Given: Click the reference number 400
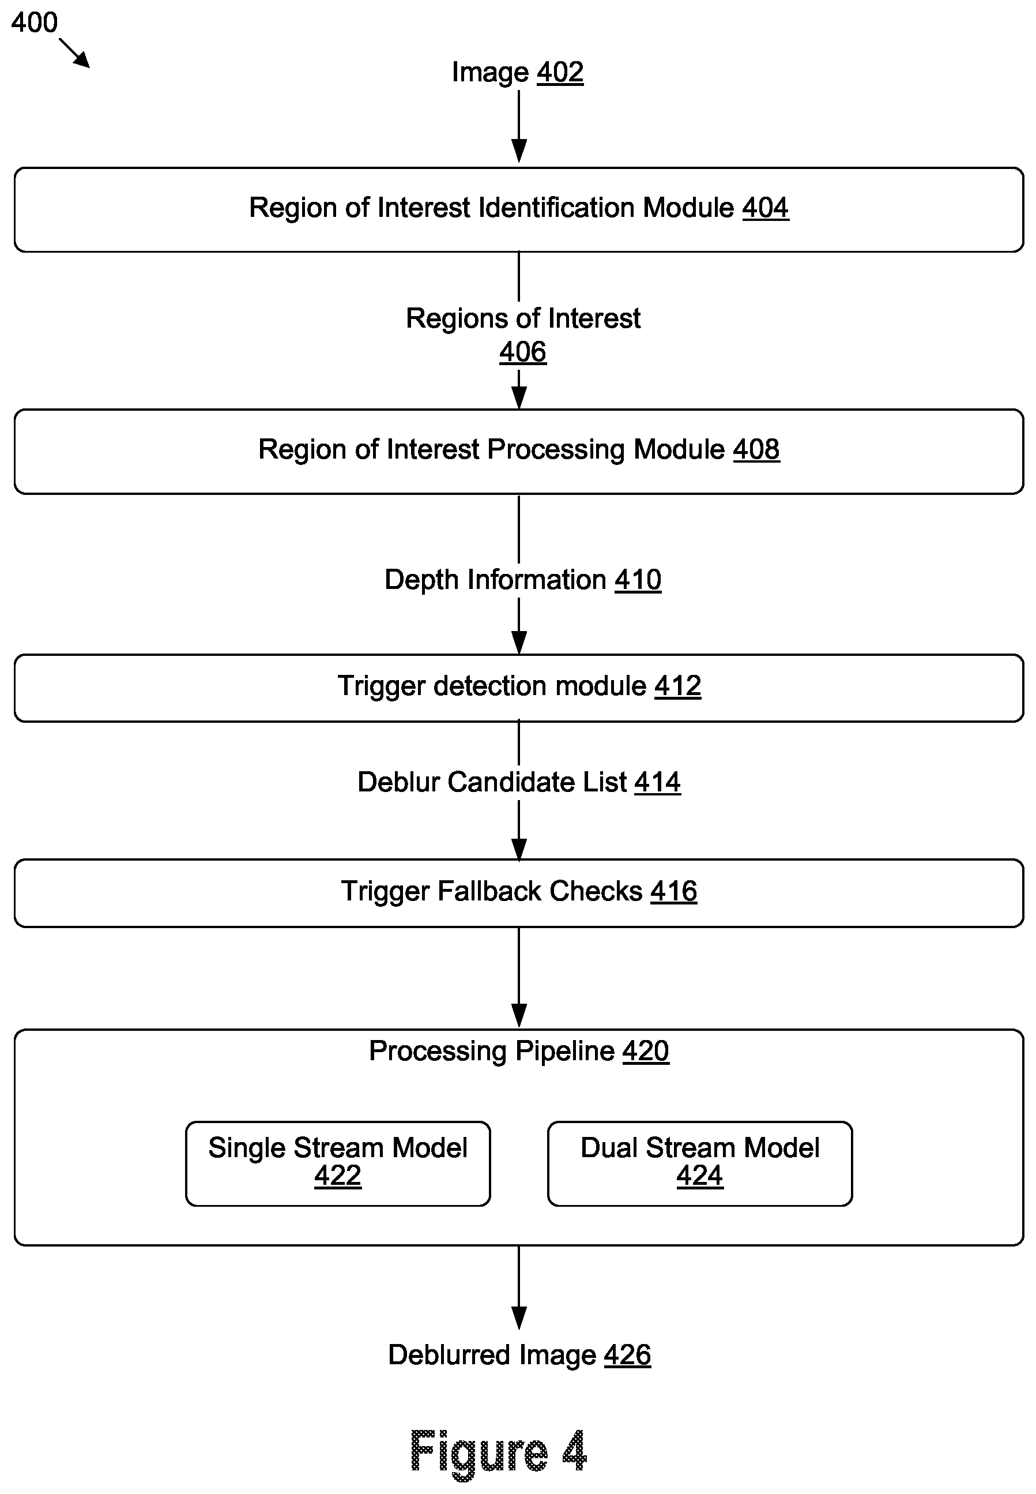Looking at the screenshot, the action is coord(35,22).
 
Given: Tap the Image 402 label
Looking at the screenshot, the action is coord(517,73).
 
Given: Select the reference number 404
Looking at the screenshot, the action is coord(765,208).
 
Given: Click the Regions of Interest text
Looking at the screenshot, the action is coord(523,319).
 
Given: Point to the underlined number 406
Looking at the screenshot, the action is coord(522,352).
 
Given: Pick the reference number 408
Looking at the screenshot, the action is coord(756,449).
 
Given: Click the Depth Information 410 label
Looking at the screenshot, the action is coord(522,580).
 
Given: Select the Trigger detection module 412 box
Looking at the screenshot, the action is coord(519,688).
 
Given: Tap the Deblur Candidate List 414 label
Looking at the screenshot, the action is coord(519,782).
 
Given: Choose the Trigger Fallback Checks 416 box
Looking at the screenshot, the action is coord(519,893).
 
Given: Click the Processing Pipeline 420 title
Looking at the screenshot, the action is coord(519,1051).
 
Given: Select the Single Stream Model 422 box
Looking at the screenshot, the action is coord(337,1163).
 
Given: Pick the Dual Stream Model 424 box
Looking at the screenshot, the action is coord(700,1163).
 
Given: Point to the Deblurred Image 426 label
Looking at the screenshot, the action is coord(519,1355).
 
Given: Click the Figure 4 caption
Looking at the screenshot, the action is coord(499,1452).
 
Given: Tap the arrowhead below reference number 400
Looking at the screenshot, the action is coord(82,61).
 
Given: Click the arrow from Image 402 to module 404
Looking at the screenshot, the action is coord(519,126).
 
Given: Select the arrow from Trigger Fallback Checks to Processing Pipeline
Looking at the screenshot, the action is coord(519,977).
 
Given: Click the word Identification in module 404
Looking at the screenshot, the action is coord(556,208).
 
